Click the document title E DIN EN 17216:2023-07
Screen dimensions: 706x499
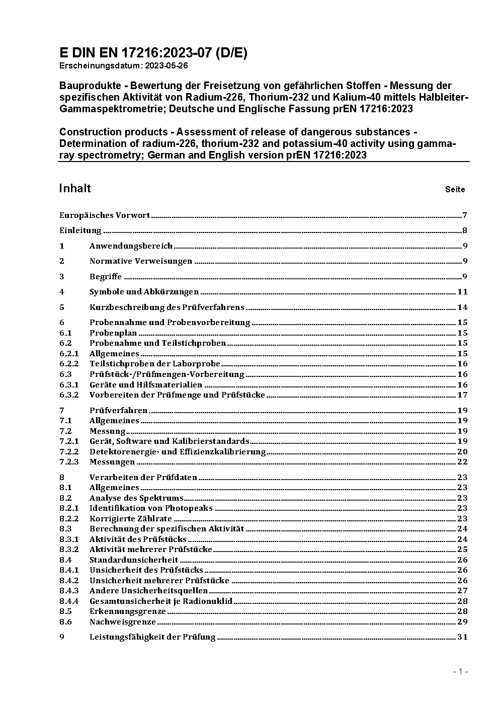click(153, 53)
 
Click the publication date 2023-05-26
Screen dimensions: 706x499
click(167, 66)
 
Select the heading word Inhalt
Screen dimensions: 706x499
click(75, 189)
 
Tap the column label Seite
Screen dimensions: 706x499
click(455, 190)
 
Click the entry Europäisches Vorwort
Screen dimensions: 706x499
click(105, 215)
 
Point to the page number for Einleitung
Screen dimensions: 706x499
click(465, 231)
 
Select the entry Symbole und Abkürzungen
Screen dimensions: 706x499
click(144, 292)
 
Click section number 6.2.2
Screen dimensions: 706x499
click(69, 364)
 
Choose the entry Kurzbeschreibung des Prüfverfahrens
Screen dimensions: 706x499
click(167, 307)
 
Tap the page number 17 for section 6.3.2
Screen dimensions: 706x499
click(462, 395)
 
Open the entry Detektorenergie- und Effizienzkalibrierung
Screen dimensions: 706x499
click(177, 452)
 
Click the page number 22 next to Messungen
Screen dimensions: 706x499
click(462, 462)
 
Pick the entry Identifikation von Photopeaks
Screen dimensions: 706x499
click(151, 508)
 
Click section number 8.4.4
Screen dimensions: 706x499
click(69, 601)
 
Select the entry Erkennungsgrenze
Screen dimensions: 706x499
click(127, 611)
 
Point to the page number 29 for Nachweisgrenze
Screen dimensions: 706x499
click(462, 622)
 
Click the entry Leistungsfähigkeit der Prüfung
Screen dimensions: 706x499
click(152, 637)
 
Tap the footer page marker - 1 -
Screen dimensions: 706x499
click(460, 672)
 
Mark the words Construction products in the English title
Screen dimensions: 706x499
click(113, 132)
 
